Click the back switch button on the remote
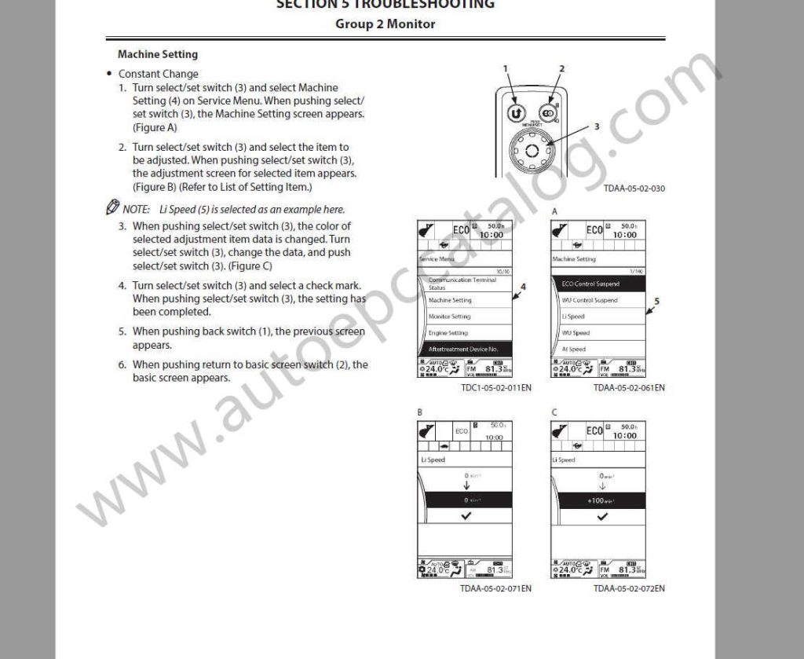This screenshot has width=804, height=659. click(513, 111)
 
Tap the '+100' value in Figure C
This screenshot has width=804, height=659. click(598, 500)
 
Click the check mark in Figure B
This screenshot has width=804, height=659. click(466, 516)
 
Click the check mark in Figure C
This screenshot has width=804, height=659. click(601, 516)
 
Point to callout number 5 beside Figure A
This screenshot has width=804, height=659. click(657, 301)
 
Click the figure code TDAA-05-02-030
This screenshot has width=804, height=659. click(634, 189)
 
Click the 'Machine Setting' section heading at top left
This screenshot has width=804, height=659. click(157, 54)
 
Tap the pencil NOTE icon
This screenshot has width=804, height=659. click(112, 209)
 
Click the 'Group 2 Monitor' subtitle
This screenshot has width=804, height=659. click(385, 24)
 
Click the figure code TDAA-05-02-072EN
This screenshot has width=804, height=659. click(629, 588)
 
